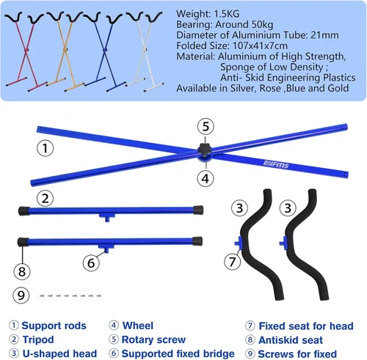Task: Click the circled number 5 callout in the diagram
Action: tap(206, 127)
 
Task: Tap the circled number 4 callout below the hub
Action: tap(206, 179)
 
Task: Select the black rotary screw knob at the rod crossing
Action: tap(205, 150)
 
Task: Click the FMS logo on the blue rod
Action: tap(276, 164)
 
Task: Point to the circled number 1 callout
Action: tap(46, 148)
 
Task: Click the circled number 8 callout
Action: tap(22, 271)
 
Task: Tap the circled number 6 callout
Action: tap(91, 263)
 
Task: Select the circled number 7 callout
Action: tap(232, 261)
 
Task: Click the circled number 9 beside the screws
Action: tap(21, 295)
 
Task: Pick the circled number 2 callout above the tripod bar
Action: tap(46, 199)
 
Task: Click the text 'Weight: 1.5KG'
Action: tap(208, 14)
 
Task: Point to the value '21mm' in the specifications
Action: tap(324, 35)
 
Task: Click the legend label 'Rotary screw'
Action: tap(153, 339)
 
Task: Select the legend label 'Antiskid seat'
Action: tap(291, 340)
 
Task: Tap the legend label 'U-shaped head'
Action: tap(59, 353)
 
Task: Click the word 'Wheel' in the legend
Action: tap(138, 326)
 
